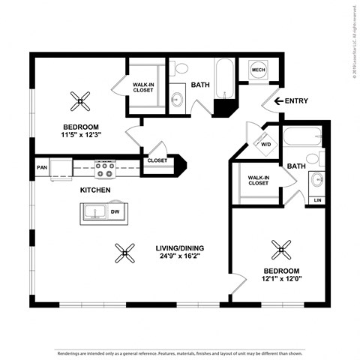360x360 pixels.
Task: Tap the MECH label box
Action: [x=259, y=70]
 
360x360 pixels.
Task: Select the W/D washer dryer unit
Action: [x=264, y=143]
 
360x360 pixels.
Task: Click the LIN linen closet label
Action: [x=318, y=200]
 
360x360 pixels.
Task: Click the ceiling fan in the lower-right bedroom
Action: [x=281, y=247]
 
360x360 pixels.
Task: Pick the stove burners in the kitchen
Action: [x=104, y=169]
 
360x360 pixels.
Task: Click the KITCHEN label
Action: [x=96, y=190]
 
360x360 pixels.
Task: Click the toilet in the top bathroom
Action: [x=180, y=70]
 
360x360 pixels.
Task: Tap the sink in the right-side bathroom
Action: [x=316, y=180]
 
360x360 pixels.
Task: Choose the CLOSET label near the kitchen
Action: [x=157, y=160]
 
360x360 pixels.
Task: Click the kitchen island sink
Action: [x=96, y=212]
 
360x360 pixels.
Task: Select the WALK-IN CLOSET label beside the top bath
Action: [x=144, y=87]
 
